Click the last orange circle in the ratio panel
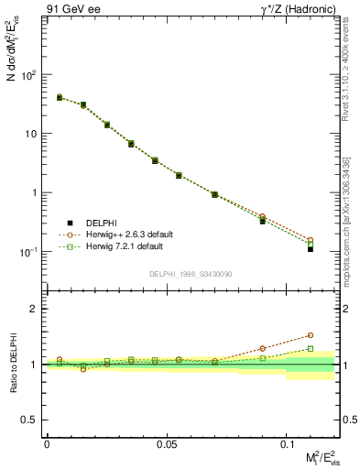(311, 335)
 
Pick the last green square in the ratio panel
(311, 348)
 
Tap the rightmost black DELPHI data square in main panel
(311, 249)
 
